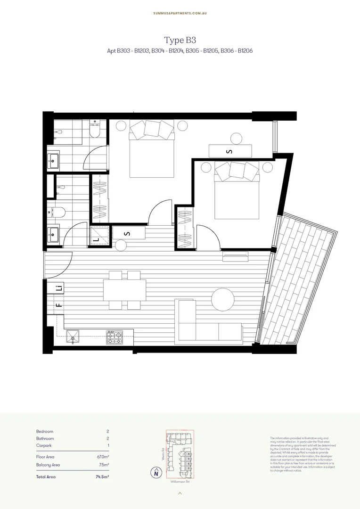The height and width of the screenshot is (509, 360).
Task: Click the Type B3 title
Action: (180, 40)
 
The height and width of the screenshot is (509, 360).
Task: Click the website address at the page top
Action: (180, 13)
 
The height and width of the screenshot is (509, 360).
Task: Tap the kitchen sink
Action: (73, 337)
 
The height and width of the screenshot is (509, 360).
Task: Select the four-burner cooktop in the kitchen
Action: (114, 337)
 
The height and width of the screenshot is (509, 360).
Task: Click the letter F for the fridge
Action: (59, 305)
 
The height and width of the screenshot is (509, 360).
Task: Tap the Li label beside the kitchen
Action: (59, 288)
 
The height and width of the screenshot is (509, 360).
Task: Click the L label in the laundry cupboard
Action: (97, 239)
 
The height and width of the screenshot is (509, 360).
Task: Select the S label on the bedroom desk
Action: (229, 151)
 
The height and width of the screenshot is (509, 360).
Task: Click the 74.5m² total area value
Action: (102, 477)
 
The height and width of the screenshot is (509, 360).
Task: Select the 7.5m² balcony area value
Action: (104, 465)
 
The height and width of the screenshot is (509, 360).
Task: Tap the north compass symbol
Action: (156, 473)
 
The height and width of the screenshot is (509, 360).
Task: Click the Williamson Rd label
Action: (180, 482)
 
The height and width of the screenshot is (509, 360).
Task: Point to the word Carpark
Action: (44, 445)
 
